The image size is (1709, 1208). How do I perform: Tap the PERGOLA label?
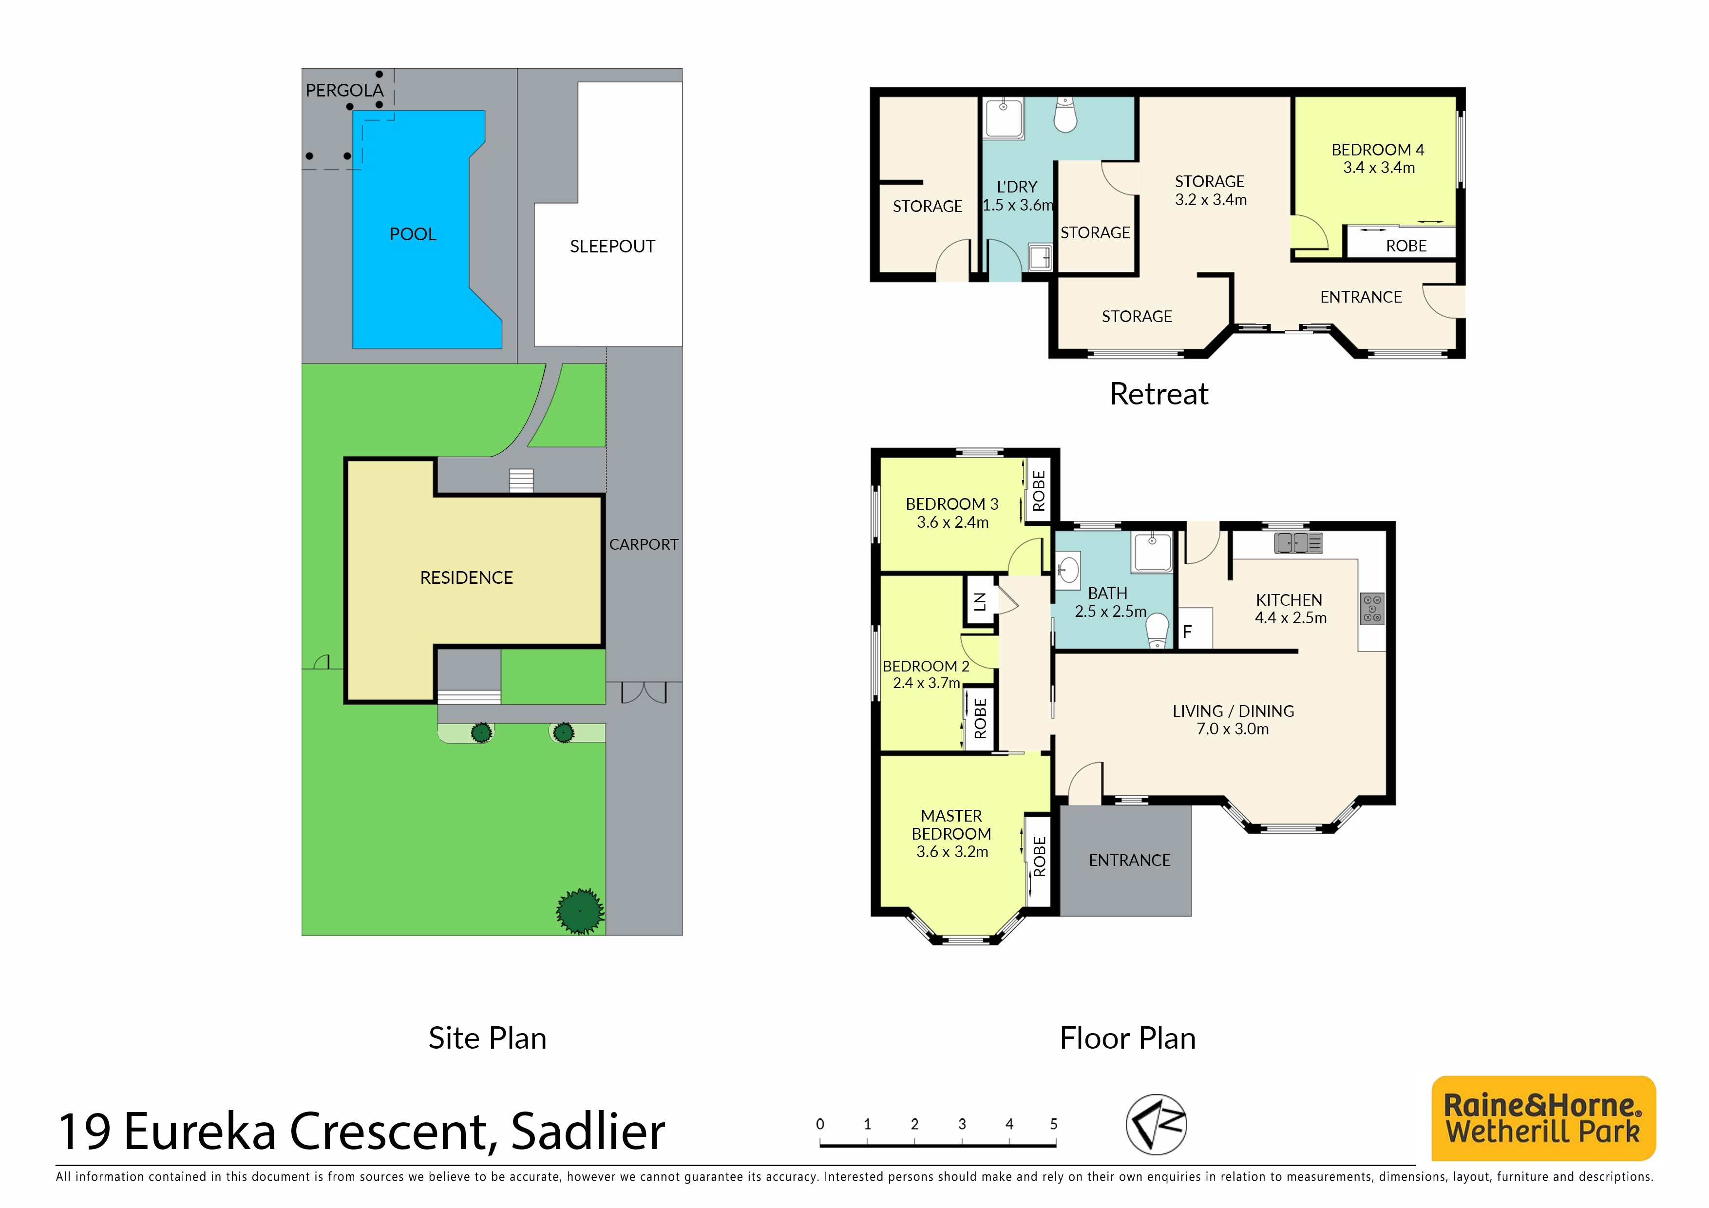[x=344, y=91]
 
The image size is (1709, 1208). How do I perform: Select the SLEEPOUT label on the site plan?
[x=612, y=247]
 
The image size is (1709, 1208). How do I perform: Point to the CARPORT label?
[x=644, y=545]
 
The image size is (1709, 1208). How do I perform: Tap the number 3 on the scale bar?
[x=962, y=1124]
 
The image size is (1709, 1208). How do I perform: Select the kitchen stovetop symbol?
[x=1372, y=608]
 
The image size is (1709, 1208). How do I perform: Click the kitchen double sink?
[x=1299, y=543]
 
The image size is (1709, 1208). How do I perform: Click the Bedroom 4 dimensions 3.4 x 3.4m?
[x=1379, y=168]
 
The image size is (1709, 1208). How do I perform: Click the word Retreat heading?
[x=1159, y=394]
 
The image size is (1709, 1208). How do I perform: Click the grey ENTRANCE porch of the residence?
[x=1125, y=861]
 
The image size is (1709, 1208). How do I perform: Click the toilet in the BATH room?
[x=1158, y=631]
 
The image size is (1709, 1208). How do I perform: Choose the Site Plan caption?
[x=488, y=1038]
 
